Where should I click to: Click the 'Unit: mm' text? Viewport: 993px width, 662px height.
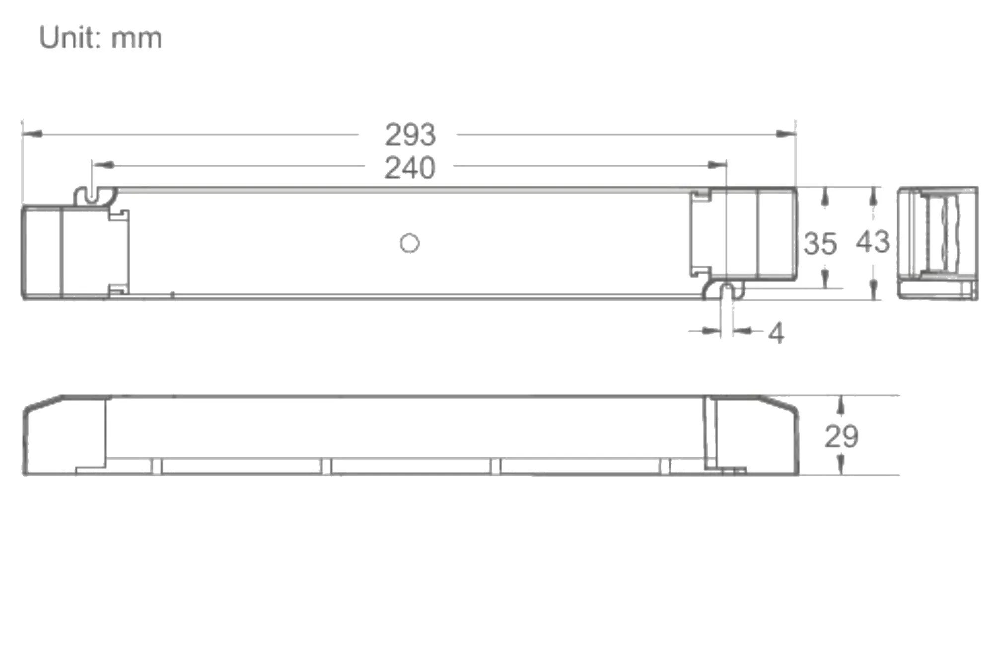pos(100,38)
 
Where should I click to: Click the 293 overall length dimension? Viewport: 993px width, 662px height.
pos(410,135)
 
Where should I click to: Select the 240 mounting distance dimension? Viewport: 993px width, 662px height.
pos(410,168)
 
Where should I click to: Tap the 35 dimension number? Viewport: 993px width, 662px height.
pos(820,244)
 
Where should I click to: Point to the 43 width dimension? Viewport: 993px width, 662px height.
pos(872,242)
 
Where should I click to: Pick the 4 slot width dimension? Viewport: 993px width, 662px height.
pos(776,333)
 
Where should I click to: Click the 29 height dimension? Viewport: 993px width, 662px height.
pos(841,437)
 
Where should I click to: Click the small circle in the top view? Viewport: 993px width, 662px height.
pos(410,243)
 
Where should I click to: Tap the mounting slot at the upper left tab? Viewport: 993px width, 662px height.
pos(92,195)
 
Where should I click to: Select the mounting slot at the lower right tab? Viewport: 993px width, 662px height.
pos(727,292)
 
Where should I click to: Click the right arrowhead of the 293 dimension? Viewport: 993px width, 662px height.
pos(786,134)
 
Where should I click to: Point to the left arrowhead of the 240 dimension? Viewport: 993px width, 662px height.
pos(103,165)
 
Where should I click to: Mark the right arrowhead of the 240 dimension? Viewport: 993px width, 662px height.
pos(717,165)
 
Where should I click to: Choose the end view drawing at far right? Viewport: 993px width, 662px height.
pos(937,243)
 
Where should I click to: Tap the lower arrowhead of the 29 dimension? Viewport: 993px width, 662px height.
pos(841,465)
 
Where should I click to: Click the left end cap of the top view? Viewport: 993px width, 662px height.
pos(41,253)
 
